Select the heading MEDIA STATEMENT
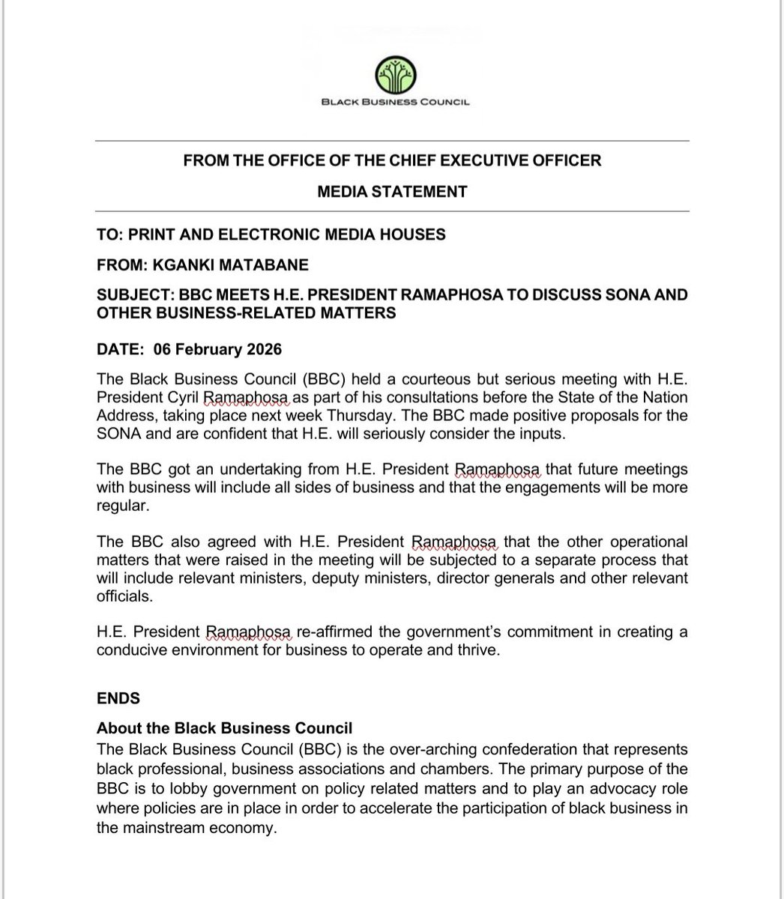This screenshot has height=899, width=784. [392, 192]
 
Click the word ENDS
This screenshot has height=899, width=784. [118, 698]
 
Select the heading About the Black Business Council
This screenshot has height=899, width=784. [224, 728]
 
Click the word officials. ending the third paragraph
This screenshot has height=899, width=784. [124, 598]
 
